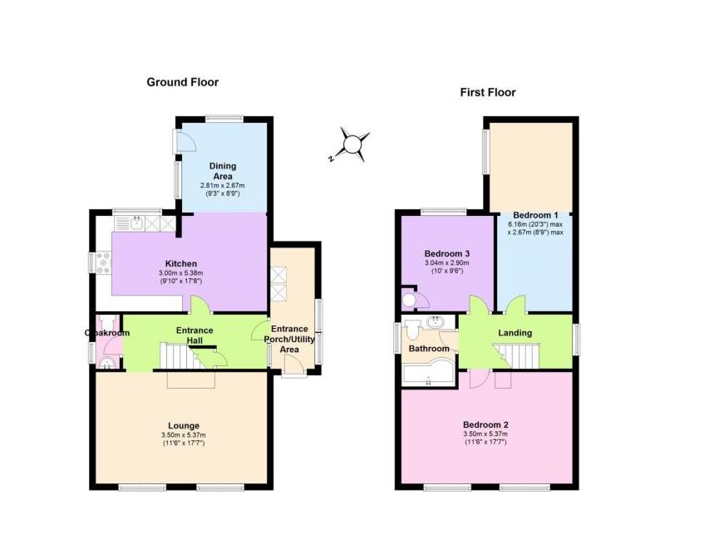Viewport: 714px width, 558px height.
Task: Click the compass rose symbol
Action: click(x=353, y=144)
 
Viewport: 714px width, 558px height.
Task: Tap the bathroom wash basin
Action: click(x=434, y=321)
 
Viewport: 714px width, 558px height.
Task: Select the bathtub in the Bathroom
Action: click(x=428, y=376)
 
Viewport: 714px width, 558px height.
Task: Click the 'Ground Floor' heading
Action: click(x=182, y=82)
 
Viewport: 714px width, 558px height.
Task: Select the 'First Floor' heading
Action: click(x=488, y=92)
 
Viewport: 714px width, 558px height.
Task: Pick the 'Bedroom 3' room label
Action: click(x=446, y=254)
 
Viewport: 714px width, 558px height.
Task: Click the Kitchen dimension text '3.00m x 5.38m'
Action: click(x=180, y=273)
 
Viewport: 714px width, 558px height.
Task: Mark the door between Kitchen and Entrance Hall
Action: click(x=198, y=307)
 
